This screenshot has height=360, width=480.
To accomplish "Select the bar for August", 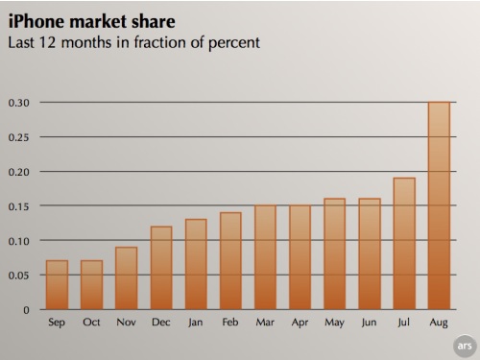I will click(x=439, y=206).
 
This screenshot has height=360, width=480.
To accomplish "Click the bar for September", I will click(x=57, y=285).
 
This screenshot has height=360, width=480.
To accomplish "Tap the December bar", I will click(x=161, y=268).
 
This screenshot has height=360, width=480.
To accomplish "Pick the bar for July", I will click(x=404, y=244).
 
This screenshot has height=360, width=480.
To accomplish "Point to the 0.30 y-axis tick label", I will click(x=18, y=103).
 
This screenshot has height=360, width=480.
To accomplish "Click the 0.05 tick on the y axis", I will click(x=18, y=276).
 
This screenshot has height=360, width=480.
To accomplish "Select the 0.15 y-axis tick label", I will click(x=18, y=206).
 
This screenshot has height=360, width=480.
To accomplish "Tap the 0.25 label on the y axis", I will click(x=18, y=137).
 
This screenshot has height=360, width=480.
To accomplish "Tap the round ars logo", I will click(x=465, y=344).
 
